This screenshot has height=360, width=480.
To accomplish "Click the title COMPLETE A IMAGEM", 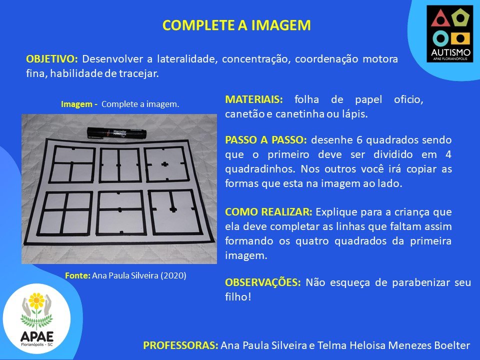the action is click(x=236, y=25).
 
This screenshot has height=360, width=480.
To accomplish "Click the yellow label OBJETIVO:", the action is click(x=52, y=59).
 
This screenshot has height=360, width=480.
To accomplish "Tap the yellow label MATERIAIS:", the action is click(x=254, y=99).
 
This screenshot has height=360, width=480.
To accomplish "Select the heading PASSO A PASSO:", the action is click(x=265, y=140).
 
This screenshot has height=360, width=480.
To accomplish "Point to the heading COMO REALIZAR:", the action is click(x=268, y=212).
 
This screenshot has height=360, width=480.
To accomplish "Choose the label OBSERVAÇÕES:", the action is click(x=263, y=282).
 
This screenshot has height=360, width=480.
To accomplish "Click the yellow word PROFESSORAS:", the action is click(x=180, y=345).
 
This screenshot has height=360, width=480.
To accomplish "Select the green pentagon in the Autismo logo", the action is click(x=460, y=18).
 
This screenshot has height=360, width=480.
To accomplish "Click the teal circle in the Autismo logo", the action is click(x=441, y=38).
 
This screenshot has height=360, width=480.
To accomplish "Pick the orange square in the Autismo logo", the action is click(x=460, y=38).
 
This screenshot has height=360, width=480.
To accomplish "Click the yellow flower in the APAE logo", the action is click(x=36, y=301).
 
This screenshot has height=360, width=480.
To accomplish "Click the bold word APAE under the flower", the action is click(x=36, y=336).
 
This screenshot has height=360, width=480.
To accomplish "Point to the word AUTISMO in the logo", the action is click(x=450, y=52).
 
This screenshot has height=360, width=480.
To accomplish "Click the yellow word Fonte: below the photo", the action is click(x=78, y=275).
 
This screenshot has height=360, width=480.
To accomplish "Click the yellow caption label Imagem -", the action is click(x=79, y=104).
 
